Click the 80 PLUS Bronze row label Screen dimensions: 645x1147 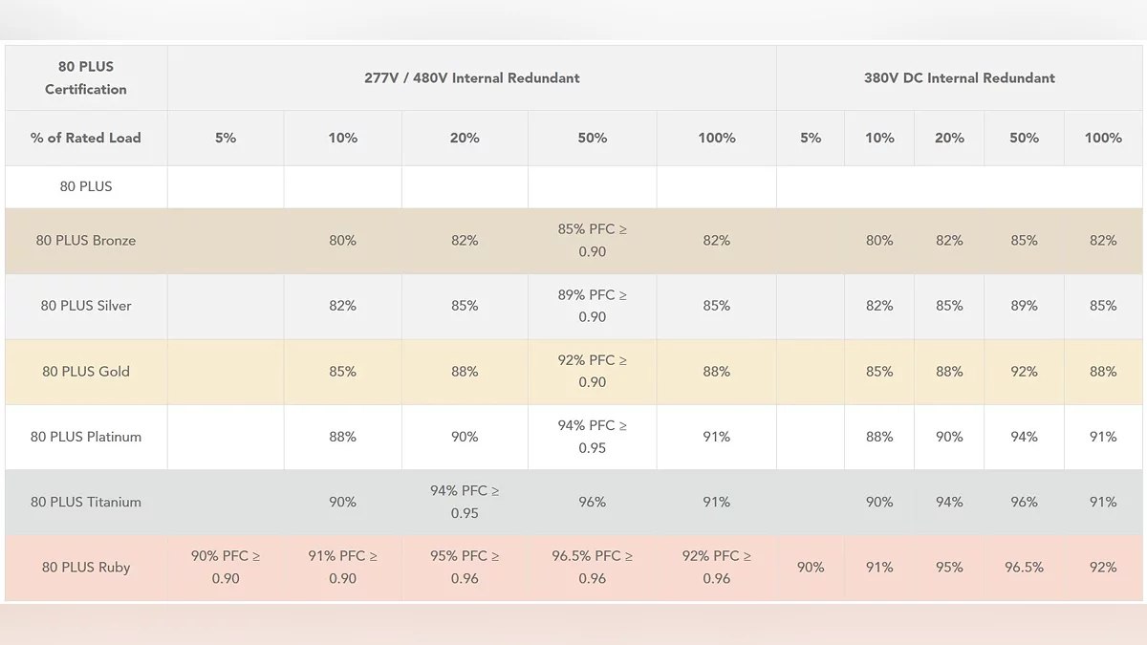(x=86, y=241)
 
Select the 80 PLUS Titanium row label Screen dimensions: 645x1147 (x=86, y=502)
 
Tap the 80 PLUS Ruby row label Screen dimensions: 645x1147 (x=86, y=567)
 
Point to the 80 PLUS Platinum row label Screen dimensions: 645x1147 (x=86, y=437)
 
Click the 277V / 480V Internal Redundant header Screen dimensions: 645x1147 (x=471, y=78)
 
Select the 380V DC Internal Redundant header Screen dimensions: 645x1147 (x=959, y=78)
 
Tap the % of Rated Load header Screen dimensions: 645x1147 (x=86, y=138)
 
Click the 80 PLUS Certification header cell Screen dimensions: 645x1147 (x=86, y=77)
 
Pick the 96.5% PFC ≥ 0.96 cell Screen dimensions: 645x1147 (x=592, y=567)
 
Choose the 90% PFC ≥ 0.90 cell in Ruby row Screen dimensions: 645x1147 (x=226, y=567)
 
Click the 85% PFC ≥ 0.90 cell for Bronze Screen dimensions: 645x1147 (x=592, y=241)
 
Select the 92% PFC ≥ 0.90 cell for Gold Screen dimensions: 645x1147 (x=592, y=371)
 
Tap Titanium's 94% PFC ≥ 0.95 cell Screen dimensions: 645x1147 (x=465, y=502)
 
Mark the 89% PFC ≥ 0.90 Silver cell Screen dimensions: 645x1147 (x=592, y=306)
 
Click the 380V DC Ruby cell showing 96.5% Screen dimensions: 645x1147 (x=1024, y=567)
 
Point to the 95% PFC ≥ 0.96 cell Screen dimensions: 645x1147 (x=465, y=567)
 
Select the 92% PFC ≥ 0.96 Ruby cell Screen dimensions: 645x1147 (x=716, y=567)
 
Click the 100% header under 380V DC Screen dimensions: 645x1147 (x=1103, y=138)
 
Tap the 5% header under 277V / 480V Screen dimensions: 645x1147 (x=226, y=138)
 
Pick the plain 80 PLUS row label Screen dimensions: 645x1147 (x=86, y=186)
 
